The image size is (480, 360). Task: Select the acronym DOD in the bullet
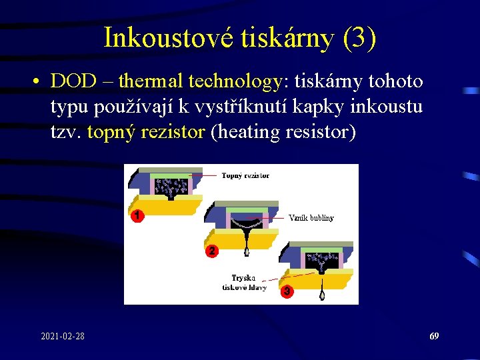tap(72, 81)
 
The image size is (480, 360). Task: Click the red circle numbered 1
tap(136, 216)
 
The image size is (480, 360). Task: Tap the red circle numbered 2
tap(211, 251)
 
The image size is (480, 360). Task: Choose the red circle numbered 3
tap(287, 291)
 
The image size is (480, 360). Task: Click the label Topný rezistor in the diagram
tap(245, 176)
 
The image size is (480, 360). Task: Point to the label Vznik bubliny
tap(311, 217)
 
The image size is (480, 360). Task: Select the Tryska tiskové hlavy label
tap(244, 283)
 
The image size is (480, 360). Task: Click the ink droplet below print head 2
tap(247, 252)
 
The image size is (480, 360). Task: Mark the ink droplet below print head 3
tap(323, 294)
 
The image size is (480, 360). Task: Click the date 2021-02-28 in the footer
tap(62, 337)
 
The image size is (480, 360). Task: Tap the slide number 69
tap(434, 337)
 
